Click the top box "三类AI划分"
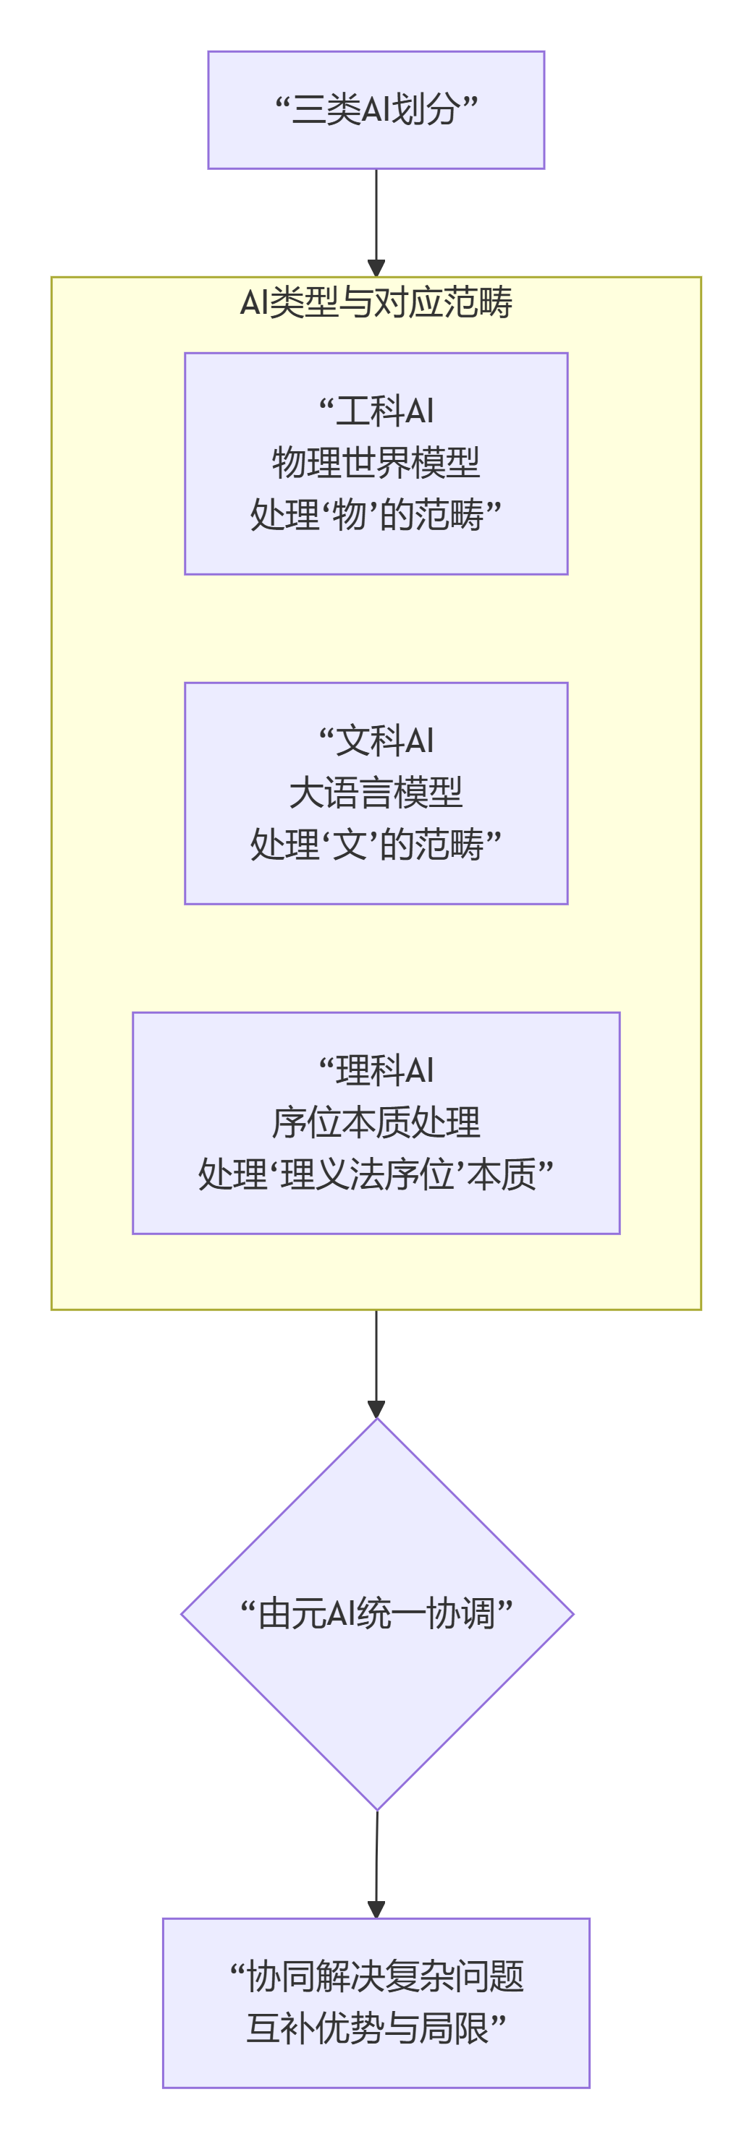[x=376, y=110]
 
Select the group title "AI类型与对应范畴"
[x=376, y=302]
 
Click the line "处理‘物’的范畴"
[x=376, y=514]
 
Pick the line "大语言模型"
[x=376, y=791]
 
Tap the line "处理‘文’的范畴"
[x=376, y=844]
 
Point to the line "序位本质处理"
[x=376, y=1122]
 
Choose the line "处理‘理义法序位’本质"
[x=376, y=1174]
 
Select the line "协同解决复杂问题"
[x=376, y=1976]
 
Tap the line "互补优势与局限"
[x=376, y=2028]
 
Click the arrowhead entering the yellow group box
[x=376, y=268]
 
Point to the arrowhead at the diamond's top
[x=376, y=1409]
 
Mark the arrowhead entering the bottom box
[x=376, y=1909]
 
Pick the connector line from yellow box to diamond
[x=376, y=1354]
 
